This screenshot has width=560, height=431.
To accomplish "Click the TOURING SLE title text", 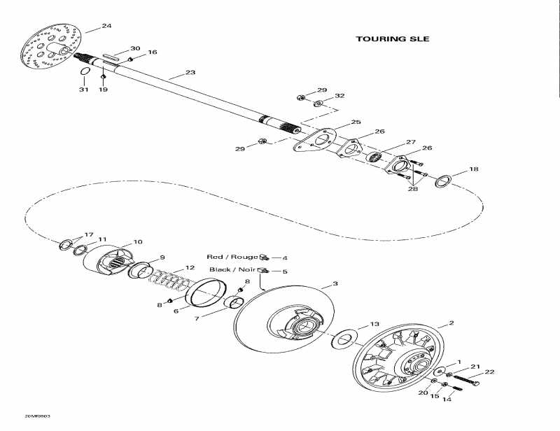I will [392, 39].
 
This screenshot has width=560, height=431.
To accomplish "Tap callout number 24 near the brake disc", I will [106, 26].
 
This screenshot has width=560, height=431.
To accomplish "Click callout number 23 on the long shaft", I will [190, 72].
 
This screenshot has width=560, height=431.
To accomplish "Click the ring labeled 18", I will [442, 182].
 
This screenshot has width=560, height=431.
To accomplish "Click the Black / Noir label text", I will [232, 269].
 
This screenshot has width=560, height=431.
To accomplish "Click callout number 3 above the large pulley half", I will [335, 283].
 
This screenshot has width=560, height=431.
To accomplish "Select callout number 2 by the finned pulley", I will [451, 323].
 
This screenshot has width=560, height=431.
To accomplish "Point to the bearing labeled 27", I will [376, 157].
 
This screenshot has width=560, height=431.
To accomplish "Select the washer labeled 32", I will [318, 104].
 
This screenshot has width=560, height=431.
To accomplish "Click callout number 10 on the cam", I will [138, 241].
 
